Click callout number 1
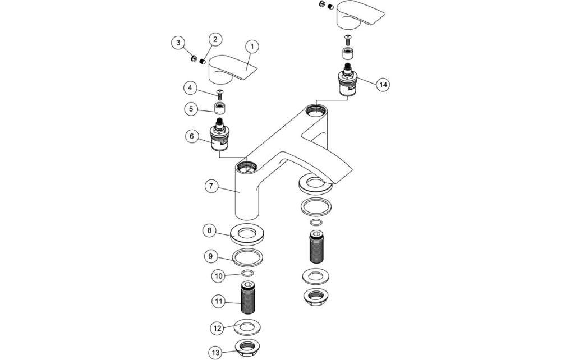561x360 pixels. click(252, 45)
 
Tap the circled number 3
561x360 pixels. click(178, 42)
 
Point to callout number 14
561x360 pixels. click(383, 84)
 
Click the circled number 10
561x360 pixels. click(219, 275)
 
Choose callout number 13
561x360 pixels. click(216, 352)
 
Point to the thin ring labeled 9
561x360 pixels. click(247, 258)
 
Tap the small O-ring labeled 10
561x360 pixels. click(246, 273)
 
